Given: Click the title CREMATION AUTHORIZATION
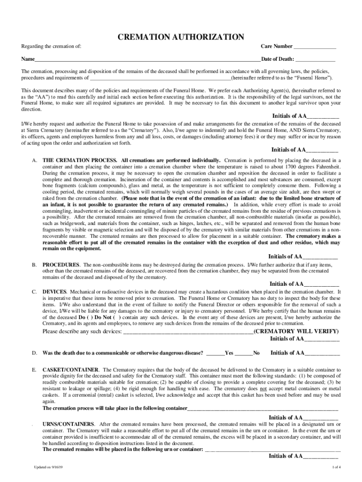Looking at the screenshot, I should [x=181, y=37].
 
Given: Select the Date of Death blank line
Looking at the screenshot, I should [x=315, y=60].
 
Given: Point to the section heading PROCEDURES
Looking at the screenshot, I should [x=61, y=265].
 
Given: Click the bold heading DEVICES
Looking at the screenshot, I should [x=55, y=292].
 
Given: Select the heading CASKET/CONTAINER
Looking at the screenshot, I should [x=71, y=370].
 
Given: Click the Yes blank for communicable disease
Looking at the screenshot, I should [x=215, y=353].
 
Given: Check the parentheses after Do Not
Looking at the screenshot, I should [x=117, y=318].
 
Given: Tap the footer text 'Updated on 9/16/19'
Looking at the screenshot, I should [x=48, y=466].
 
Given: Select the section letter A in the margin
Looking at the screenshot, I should [x=34, y=160].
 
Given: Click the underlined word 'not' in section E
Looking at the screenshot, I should [x=264, y=389].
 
